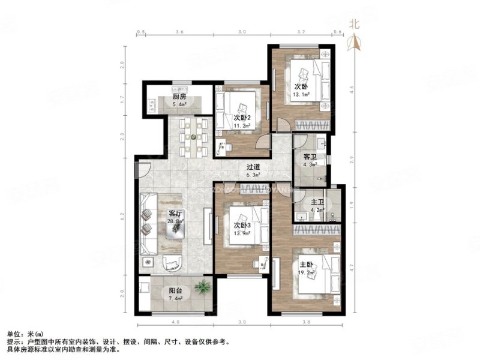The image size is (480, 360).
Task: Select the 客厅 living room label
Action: [175, 214]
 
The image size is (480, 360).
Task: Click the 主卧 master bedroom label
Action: [306, 263]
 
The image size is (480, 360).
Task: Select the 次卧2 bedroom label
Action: [243, 118]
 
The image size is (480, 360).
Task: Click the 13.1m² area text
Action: [301, 94]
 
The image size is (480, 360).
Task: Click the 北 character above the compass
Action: [355, 24]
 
